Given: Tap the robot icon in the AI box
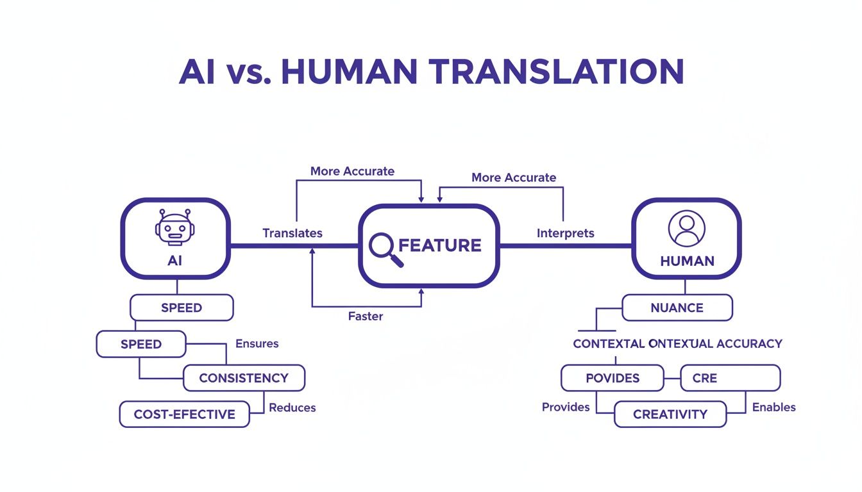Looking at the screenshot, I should point(174,227).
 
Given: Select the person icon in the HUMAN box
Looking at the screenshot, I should point(686,228).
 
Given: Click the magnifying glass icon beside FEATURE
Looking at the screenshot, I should point(386,250).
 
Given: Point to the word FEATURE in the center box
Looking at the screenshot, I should point(440,245).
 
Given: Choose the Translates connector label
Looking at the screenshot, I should point(292,233).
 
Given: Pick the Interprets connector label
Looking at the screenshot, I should point(565,233).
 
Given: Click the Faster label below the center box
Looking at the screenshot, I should point(366,316).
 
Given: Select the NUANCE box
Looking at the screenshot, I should point(677,307).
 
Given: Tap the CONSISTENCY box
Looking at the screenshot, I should point(244,378).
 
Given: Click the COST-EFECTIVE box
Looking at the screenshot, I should point(184,414).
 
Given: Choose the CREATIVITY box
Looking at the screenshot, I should point(670,414).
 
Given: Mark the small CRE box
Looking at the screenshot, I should point(729,378).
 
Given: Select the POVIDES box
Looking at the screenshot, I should point(612,378).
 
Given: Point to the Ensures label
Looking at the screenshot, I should point(257,343).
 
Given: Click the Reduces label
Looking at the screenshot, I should point(292,407).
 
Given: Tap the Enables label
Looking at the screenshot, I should point(773,407).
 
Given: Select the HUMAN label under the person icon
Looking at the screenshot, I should point(687,261).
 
